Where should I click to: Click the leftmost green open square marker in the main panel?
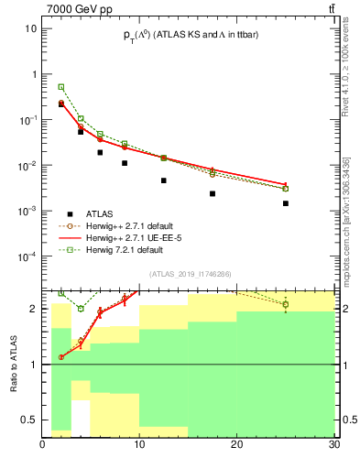[x=61, y=87]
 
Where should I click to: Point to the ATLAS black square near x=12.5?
[x=164, y=180]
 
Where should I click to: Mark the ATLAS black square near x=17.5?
[x=213, y=193]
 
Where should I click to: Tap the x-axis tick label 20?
[x=237, y=446]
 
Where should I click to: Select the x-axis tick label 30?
[x=333, y=446]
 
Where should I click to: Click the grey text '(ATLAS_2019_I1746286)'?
[x=191, y=273]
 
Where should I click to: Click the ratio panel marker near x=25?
[x=286, y=304]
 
